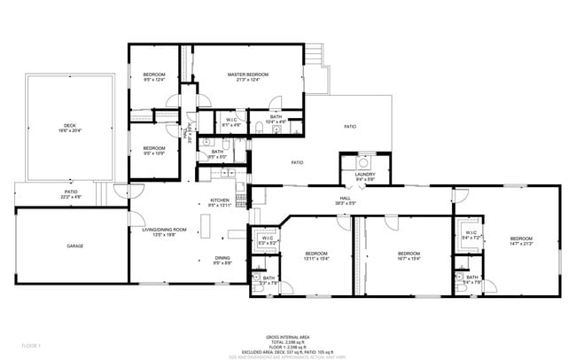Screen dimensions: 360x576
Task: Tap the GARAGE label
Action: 74,246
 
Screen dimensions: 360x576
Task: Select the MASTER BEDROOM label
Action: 247,74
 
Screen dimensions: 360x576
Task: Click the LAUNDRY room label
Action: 365,174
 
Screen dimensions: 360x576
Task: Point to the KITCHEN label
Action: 220,200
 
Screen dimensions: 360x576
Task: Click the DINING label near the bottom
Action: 222,258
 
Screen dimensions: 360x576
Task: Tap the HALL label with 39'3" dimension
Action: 346,198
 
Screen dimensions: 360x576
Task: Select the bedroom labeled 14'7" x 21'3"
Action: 520,239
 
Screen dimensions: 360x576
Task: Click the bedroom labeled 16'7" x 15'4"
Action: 409,253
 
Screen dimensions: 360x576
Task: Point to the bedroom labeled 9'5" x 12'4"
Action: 154,74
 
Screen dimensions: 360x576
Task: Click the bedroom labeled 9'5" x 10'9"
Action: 154,148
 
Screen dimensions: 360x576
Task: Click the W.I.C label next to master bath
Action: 230,120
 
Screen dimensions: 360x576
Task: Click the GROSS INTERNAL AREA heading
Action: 287,337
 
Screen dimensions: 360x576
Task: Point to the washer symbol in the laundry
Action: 362,162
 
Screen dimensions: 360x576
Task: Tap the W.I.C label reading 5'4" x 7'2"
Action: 471,234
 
